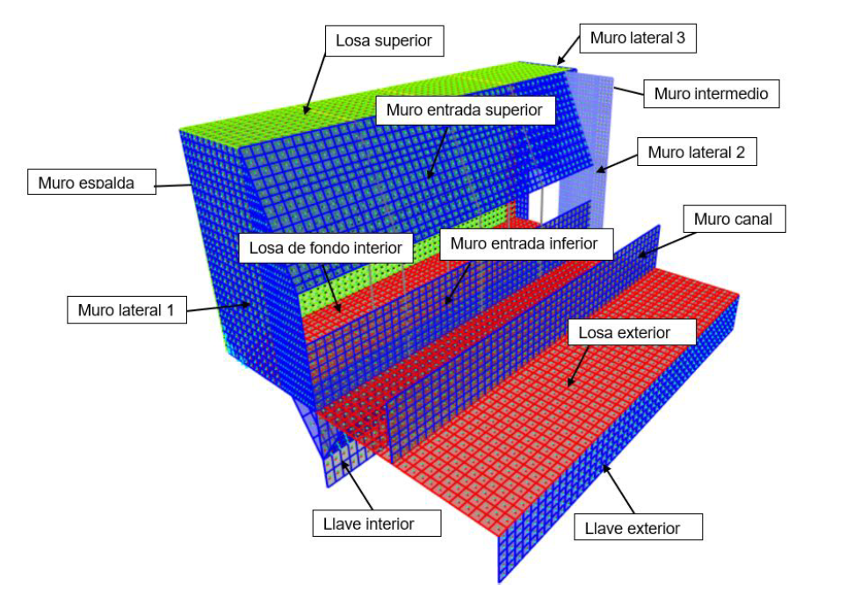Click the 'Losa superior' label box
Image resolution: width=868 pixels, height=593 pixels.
click(385, 40)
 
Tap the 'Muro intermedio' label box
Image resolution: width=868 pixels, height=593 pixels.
click(712, 93)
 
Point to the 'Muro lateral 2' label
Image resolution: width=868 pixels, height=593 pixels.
click(696, 152)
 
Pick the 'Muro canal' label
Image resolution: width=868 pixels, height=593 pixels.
click(733, 219)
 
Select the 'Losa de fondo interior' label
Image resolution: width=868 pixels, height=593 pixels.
click(325, 248)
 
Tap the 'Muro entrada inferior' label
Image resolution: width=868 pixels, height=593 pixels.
click(524, 242)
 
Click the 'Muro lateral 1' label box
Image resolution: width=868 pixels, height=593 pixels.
click(127, 309)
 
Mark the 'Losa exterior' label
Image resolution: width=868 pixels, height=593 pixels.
click(632, 332)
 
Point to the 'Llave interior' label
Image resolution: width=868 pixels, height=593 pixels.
click(369, 524)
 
